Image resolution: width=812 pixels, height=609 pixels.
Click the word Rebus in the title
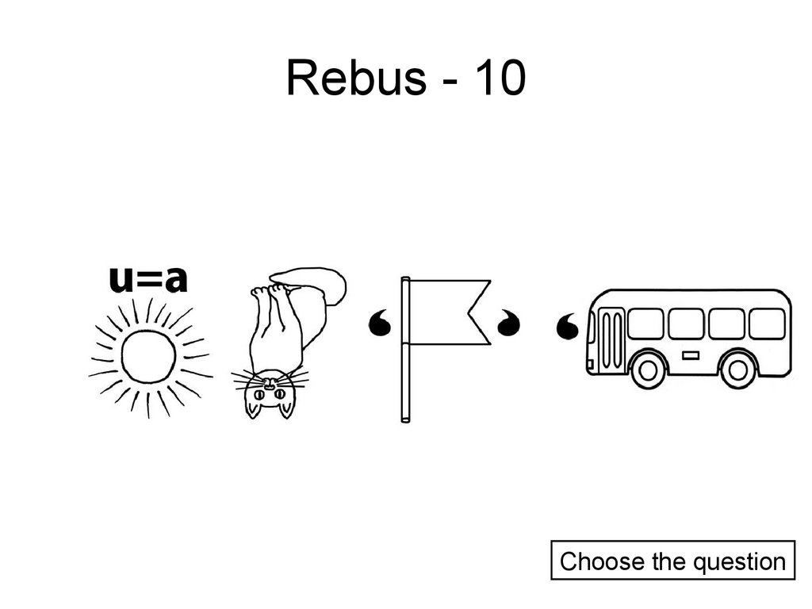[x=354, y=79]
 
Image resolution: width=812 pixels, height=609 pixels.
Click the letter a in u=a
[x=175, y=279]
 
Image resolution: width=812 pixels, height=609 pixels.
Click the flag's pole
[x=405, y=349]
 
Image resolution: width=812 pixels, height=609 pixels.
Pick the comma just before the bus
[x=569, y=325]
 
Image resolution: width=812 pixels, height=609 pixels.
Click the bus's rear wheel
[x=739, y=368]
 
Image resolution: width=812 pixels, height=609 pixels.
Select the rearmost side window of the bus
[x=767, y=324]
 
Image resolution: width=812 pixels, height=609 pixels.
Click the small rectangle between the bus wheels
[x=691, y=355]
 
